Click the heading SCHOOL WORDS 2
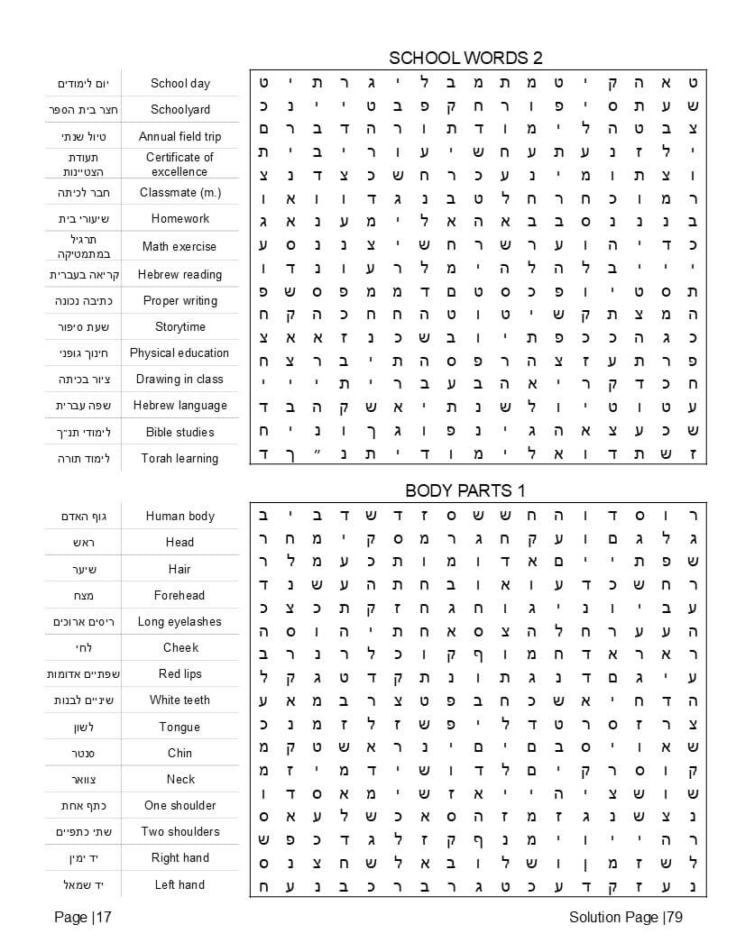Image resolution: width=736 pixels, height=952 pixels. (465, 59)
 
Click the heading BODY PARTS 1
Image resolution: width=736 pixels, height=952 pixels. (465, 490)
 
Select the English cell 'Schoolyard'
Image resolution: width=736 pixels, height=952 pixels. (179, 109)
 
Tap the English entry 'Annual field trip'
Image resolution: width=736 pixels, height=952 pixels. (179, 137)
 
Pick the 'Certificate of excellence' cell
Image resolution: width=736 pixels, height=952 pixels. (179, 164)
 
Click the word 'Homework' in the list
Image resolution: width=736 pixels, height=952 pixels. (179, 218)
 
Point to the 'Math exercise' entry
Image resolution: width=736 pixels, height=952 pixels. (179, 246)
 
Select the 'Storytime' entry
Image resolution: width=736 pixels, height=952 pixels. (179, 326)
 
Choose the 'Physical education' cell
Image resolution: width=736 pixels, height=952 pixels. (179, 352)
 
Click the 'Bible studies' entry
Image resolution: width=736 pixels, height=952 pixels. (179, 432)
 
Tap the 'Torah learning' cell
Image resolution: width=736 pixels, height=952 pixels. (179, 458)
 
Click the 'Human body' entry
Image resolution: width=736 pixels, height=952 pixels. (179, 516)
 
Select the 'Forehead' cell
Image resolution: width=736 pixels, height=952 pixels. (179, 595)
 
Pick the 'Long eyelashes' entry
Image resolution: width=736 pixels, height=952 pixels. (179, 621)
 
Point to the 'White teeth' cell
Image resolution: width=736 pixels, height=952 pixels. (179, 700)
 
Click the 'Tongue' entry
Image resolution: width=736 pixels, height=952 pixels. (179, 727)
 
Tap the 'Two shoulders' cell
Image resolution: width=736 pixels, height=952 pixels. (179, 831)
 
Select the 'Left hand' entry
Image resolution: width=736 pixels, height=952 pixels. (179, 884)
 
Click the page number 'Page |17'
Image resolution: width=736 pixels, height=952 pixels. (82, 918)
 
